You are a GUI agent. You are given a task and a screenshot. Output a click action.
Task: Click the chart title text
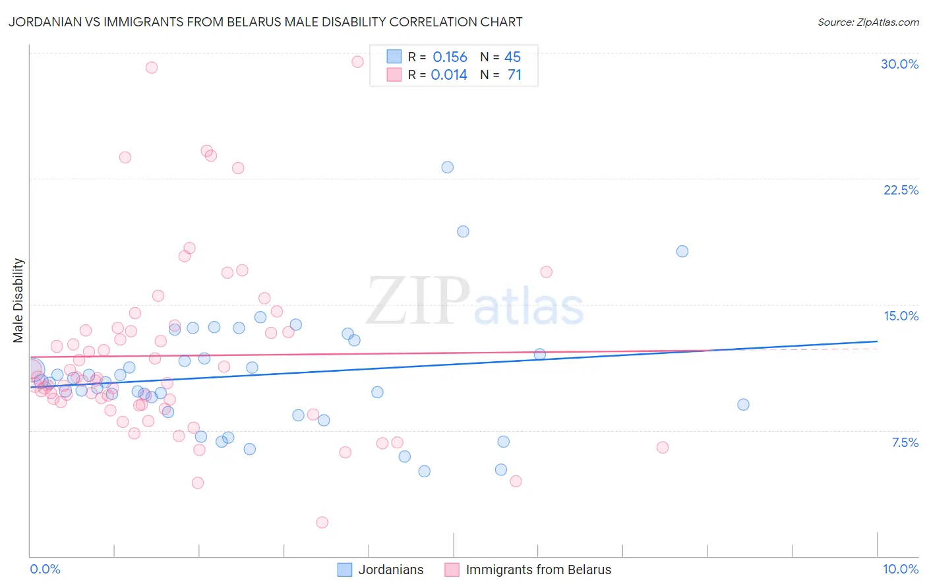point(265,22)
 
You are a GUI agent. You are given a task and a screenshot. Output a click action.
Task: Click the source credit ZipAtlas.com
point(868,22)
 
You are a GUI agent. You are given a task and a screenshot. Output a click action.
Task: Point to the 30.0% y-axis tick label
point(899,64)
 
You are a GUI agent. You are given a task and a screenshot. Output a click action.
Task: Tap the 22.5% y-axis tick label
point(901,190)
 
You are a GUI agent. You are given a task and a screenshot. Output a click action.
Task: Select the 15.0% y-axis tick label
point(901,316)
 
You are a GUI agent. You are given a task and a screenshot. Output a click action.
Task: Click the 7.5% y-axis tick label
point(905,442)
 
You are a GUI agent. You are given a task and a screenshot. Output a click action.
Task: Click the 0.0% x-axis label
point(45,569)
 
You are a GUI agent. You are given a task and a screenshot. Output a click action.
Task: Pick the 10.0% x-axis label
point(900,569)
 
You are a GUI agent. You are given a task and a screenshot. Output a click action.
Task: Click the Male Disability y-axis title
point(18,300)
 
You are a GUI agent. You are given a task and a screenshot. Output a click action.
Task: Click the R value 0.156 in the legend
point(450,57)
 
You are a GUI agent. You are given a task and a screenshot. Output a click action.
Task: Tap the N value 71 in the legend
point(514,75)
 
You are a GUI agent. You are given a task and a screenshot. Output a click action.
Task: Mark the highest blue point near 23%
point(448,167)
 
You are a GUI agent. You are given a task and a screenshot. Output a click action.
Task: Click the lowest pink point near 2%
point(322,522)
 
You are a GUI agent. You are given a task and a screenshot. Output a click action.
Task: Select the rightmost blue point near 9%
point(743,405)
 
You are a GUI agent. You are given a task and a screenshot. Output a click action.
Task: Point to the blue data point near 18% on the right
point(682,251)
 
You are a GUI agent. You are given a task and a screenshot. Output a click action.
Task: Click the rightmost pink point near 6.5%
point(663,448)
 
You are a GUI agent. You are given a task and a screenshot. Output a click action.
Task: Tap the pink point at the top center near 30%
point(357,62)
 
